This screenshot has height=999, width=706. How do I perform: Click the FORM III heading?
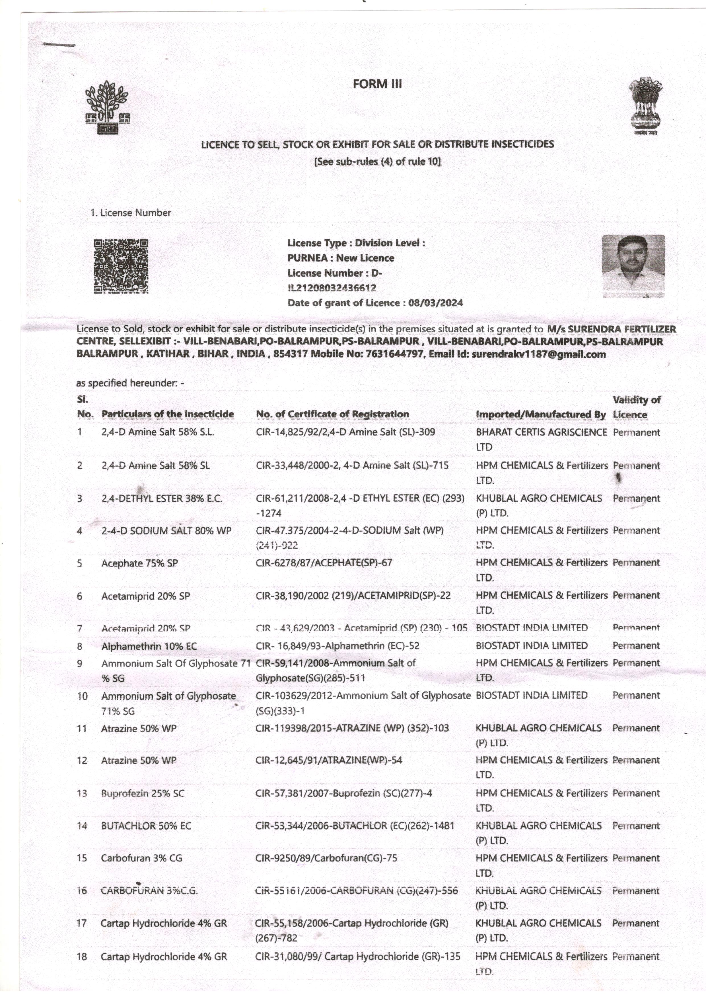377,84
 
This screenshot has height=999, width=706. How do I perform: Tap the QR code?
121,266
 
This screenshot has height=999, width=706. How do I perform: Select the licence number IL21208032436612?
332,288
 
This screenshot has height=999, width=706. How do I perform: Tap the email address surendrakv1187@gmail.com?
538,354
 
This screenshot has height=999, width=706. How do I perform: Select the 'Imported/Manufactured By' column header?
540,415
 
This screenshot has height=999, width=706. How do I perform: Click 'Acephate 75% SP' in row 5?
139,563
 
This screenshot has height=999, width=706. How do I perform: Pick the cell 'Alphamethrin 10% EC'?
149,646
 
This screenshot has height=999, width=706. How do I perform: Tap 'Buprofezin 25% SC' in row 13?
143,793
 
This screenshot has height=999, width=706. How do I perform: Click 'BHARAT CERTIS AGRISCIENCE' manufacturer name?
541,432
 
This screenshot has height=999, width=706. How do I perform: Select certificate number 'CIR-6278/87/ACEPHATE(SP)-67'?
324,563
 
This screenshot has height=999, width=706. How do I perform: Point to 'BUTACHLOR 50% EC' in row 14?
146,826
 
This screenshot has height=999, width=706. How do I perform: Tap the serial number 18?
82,957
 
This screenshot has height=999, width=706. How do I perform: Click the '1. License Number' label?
130,213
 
